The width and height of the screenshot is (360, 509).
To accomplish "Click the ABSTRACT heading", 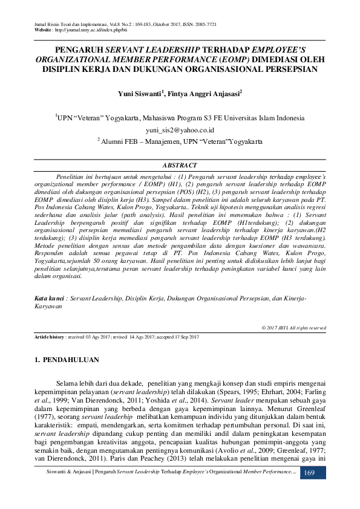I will click(180, 165).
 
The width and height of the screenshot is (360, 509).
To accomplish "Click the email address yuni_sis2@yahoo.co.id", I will click(180, 130).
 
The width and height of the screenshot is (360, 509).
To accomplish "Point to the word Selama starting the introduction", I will click(67, 383).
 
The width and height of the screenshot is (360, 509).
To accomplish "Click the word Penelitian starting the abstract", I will click(71, 173).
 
